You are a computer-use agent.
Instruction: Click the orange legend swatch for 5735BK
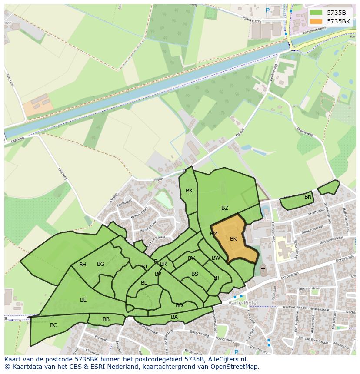[x=316, y=21]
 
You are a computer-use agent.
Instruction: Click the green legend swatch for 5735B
[x=316, y=13]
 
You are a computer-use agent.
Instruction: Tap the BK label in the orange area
[x=233, y=239]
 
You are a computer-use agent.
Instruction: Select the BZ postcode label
[x=224, y=208]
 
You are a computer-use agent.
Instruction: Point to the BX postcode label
[x=189, y=191]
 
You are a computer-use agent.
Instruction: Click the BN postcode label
[x=308, y=197]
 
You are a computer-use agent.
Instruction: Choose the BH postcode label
[x=83, y=265]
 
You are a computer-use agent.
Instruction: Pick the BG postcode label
[x=100, y=264]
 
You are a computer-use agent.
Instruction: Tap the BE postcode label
[x=83, y=300]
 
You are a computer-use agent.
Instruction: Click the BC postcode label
[x=53, y=325]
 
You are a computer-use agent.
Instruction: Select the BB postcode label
[x=106, y=319]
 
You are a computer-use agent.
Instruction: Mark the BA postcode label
[x=174, y=317]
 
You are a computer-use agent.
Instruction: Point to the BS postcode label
[x=195, y=274]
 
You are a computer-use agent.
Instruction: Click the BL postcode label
[x=144, y=283]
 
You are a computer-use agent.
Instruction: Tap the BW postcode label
[x=216, y=258]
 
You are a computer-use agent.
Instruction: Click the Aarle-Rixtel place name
[x=242, y=303]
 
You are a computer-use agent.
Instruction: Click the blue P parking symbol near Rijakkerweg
[x=267, y=10]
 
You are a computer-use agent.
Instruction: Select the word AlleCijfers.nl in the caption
[x=227, y=359]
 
